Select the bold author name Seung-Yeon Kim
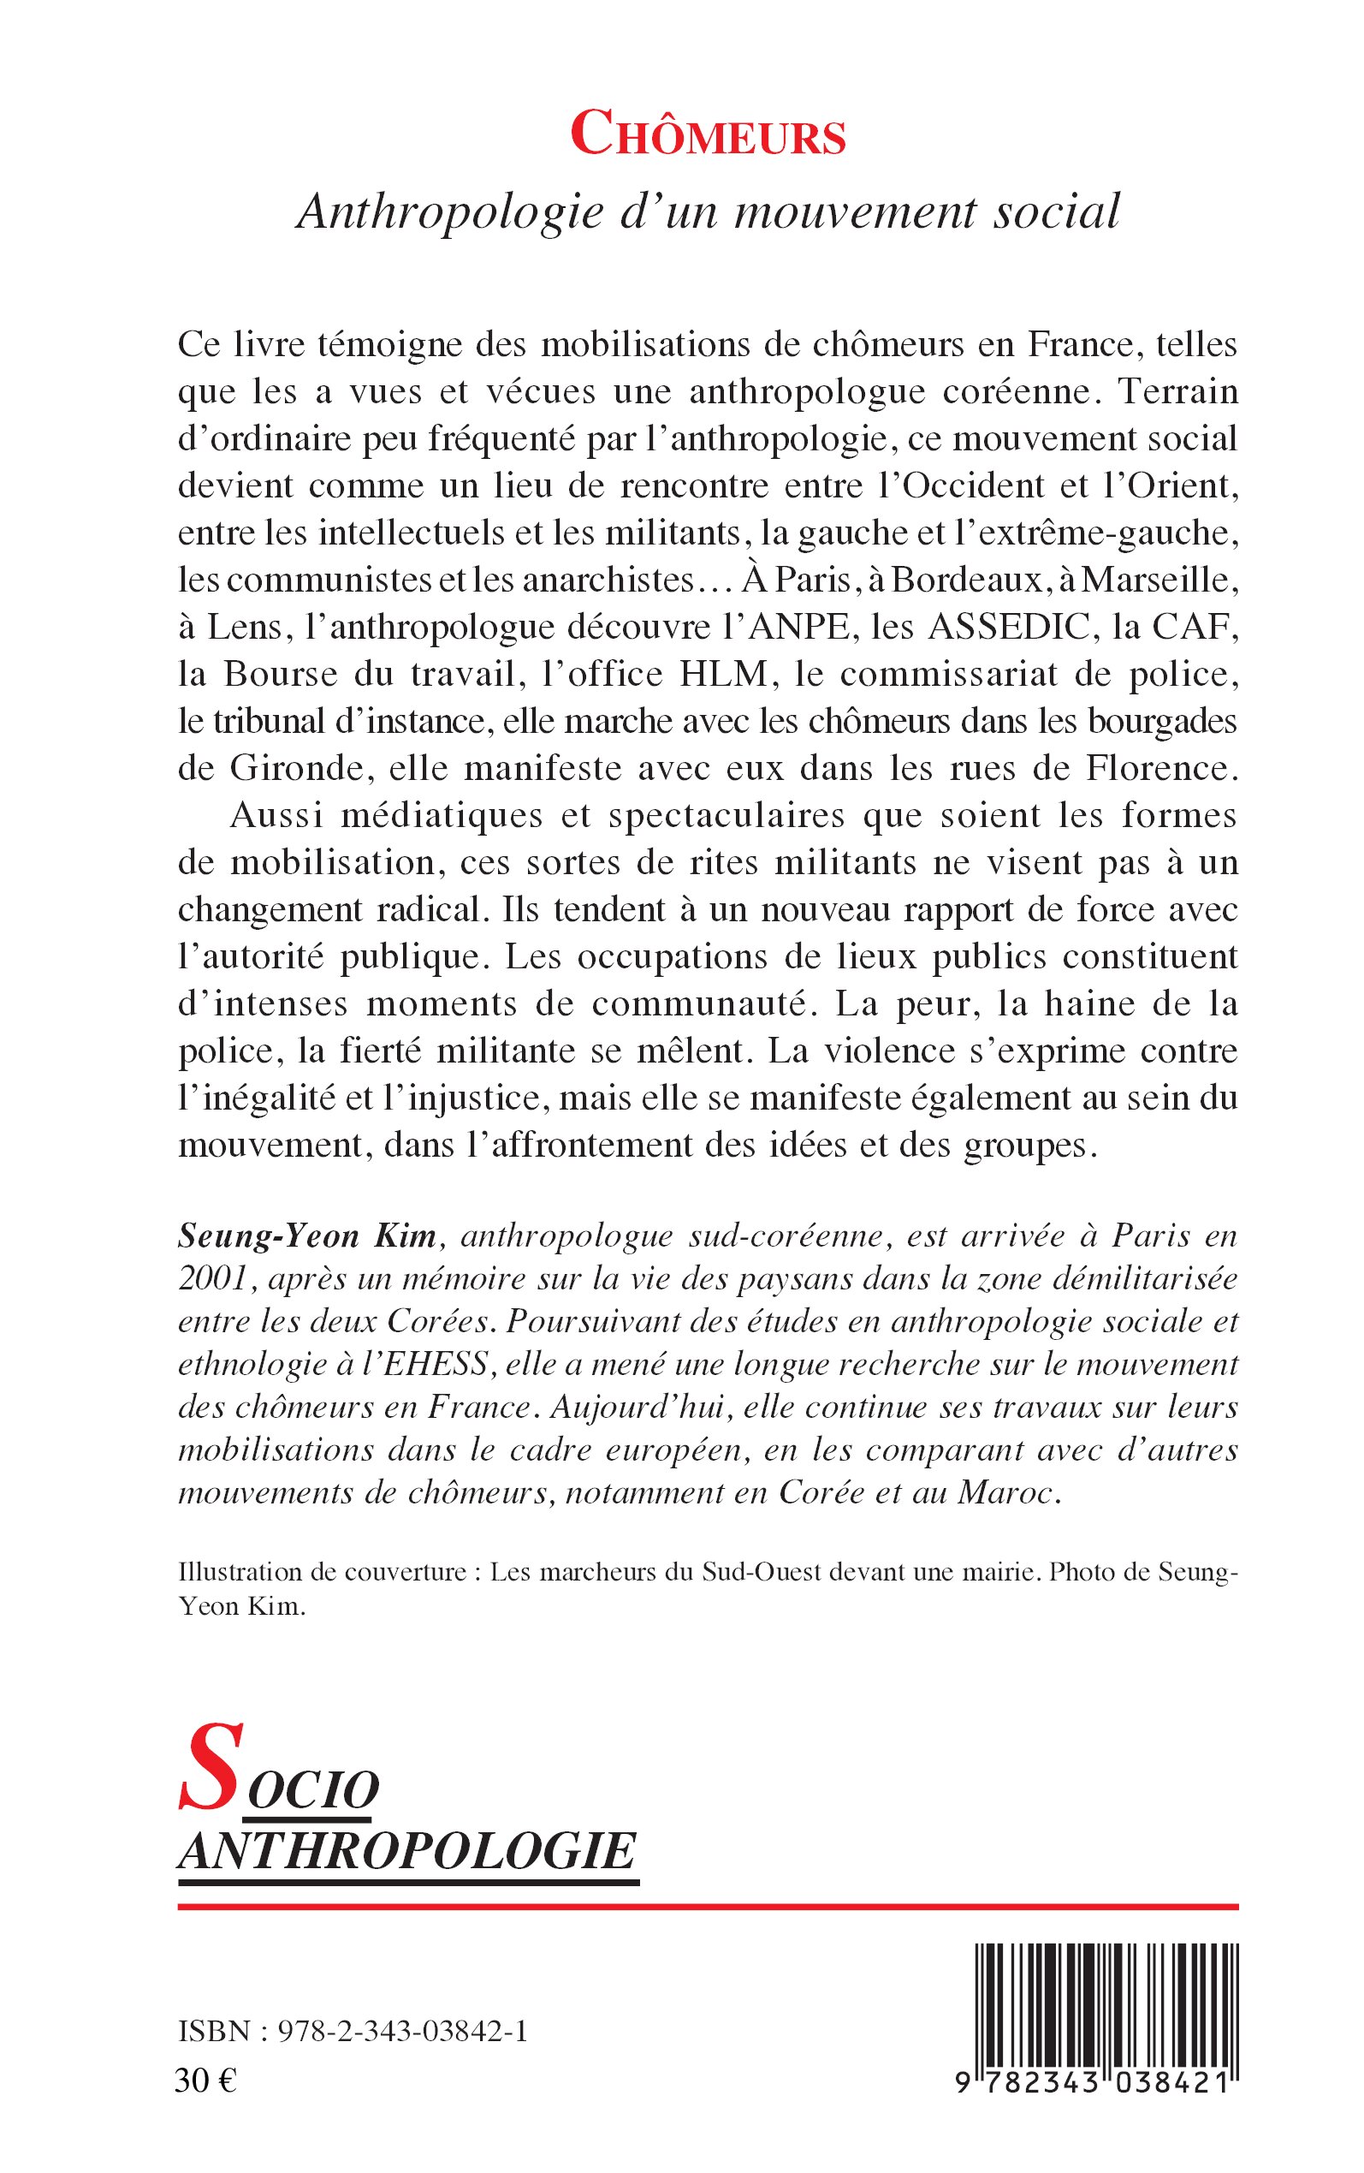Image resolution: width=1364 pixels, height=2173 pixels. (x=307, y=1235)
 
